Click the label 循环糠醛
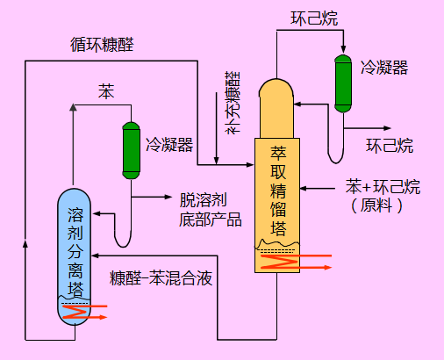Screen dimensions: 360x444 103,44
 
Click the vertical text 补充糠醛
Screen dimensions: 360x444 233,103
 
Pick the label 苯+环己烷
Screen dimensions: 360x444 383,187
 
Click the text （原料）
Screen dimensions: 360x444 377,206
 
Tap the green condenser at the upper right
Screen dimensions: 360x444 341,85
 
